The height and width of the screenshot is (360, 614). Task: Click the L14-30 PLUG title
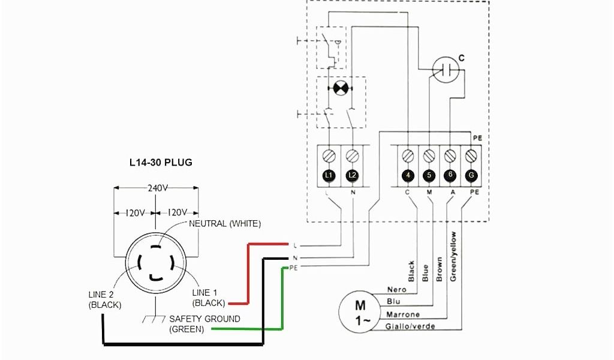(161, 162)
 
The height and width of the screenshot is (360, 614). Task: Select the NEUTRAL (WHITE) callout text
(225, 224)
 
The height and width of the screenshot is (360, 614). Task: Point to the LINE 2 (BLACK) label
(105, 300)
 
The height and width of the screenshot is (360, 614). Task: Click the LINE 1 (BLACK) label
(209, 298)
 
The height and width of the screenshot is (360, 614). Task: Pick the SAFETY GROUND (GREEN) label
(204, 324)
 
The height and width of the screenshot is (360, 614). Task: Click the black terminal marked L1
(328, 175)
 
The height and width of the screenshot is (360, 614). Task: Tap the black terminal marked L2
(353, 175)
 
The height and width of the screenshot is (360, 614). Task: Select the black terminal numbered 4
(408, 175)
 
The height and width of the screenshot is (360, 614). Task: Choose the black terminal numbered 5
(429, 175)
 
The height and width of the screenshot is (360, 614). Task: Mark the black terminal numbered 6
(450, 175)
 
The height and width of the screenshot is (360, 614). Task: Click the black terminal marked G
(471, 175)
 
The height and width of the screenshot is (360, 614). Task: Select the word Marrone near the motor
(403, 315)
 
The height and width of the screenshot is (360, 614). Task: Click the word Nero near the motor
(396, 290)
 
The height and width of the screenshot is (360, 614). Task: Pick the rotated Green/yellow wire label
(453, 257)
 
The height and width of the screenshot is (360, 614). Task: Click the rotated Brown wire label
(440, 269)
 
